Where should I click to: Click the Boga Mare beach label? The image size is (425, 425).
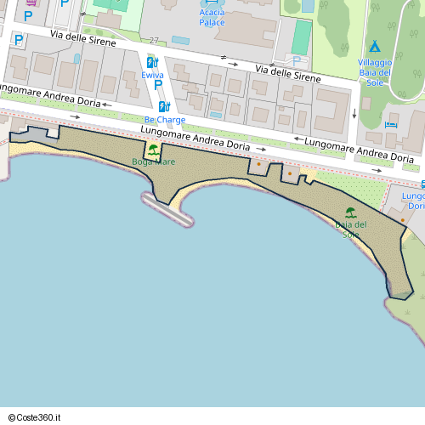153,161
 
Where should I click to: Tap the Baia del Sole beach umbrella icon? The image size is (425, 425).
349,212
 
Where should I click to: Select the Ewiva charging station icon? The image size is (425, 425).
151,62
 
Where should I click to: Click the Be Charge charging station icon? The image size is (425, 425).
164,106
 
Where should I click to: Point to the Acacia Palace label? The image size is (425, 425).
211,17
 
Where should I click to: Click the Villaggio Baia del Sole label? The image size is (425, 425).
374,72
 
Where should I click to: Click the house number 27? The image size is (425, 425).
153,41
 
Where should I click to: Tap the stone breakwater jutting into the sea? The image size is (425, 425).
167,209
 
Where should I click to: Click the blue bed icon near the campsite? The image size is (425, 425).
391,125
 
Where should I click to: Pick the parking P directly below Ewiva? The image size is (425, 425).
158,84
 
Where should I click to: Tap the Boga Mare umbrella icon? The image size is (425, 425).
152,150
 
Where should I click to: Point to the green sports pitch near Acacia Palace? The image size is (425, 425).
302,36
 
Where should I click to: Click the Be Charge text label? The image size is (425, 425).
164,120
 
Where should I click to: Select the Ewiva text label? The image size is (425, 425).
152,75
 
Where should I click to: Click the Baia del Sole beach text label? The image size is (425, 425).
350,229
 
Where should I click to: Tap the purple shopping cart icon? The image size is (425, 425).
33,3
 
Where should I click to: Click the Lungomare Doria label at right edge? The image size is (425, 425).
415,201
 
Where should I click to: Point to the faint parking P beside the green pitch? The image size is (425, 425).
296,59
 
